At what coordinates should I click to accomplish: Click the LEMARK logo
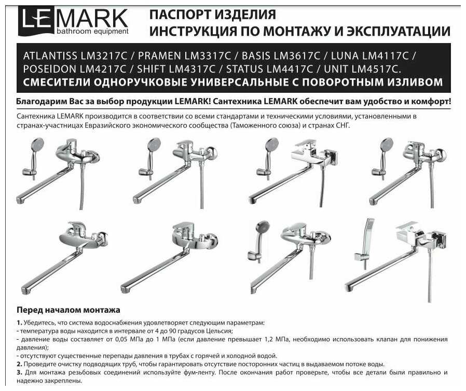tap(73, 21)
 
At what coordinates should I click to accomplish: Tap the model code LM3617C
tap(297, 55)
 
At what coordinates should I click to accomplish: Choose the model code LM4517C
tap(376, 69)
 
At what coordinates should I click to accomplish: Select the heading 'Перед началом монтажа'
tap(68, 310)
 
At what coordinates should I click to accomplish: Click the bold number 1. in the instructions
tap(19, 323)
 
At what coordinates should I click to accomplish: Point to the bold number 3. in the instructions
tap(19, 372)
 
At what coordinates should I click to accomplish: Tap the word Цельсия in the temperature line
tap(222, 331)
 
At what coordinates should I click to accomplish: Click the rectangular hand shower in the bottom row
tap(368, 232)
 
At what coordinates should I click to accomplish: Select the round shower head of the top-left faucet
tap(37, 145)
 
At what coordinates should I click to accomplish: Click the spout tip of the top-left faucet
tap(21, 200)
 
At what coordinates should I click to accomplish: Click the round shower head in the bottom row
tap(263, 229)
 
